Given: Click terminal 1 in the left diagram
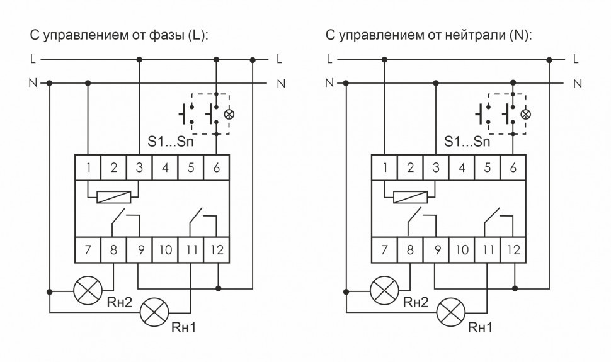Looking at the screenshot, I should click(88, 167).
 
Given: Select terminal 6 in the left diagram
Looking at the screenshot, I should click(217, 167).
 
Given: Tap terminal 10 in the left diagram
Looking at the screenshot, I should click(165, 250).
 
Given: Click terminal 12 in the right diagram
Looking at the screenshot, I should click(513, 250).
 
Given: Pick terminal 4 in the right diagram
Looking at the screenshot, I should click(462, 167).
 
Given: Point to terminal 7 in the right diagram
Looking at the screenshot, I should click(384, 250).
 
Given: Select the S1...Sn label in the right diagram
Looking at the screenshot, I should click(466, 142).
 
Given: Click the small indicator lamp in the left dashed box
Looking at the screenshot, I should click(229, 115).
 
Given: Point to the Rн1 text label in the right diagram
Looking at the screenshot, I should click(481, 327).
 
